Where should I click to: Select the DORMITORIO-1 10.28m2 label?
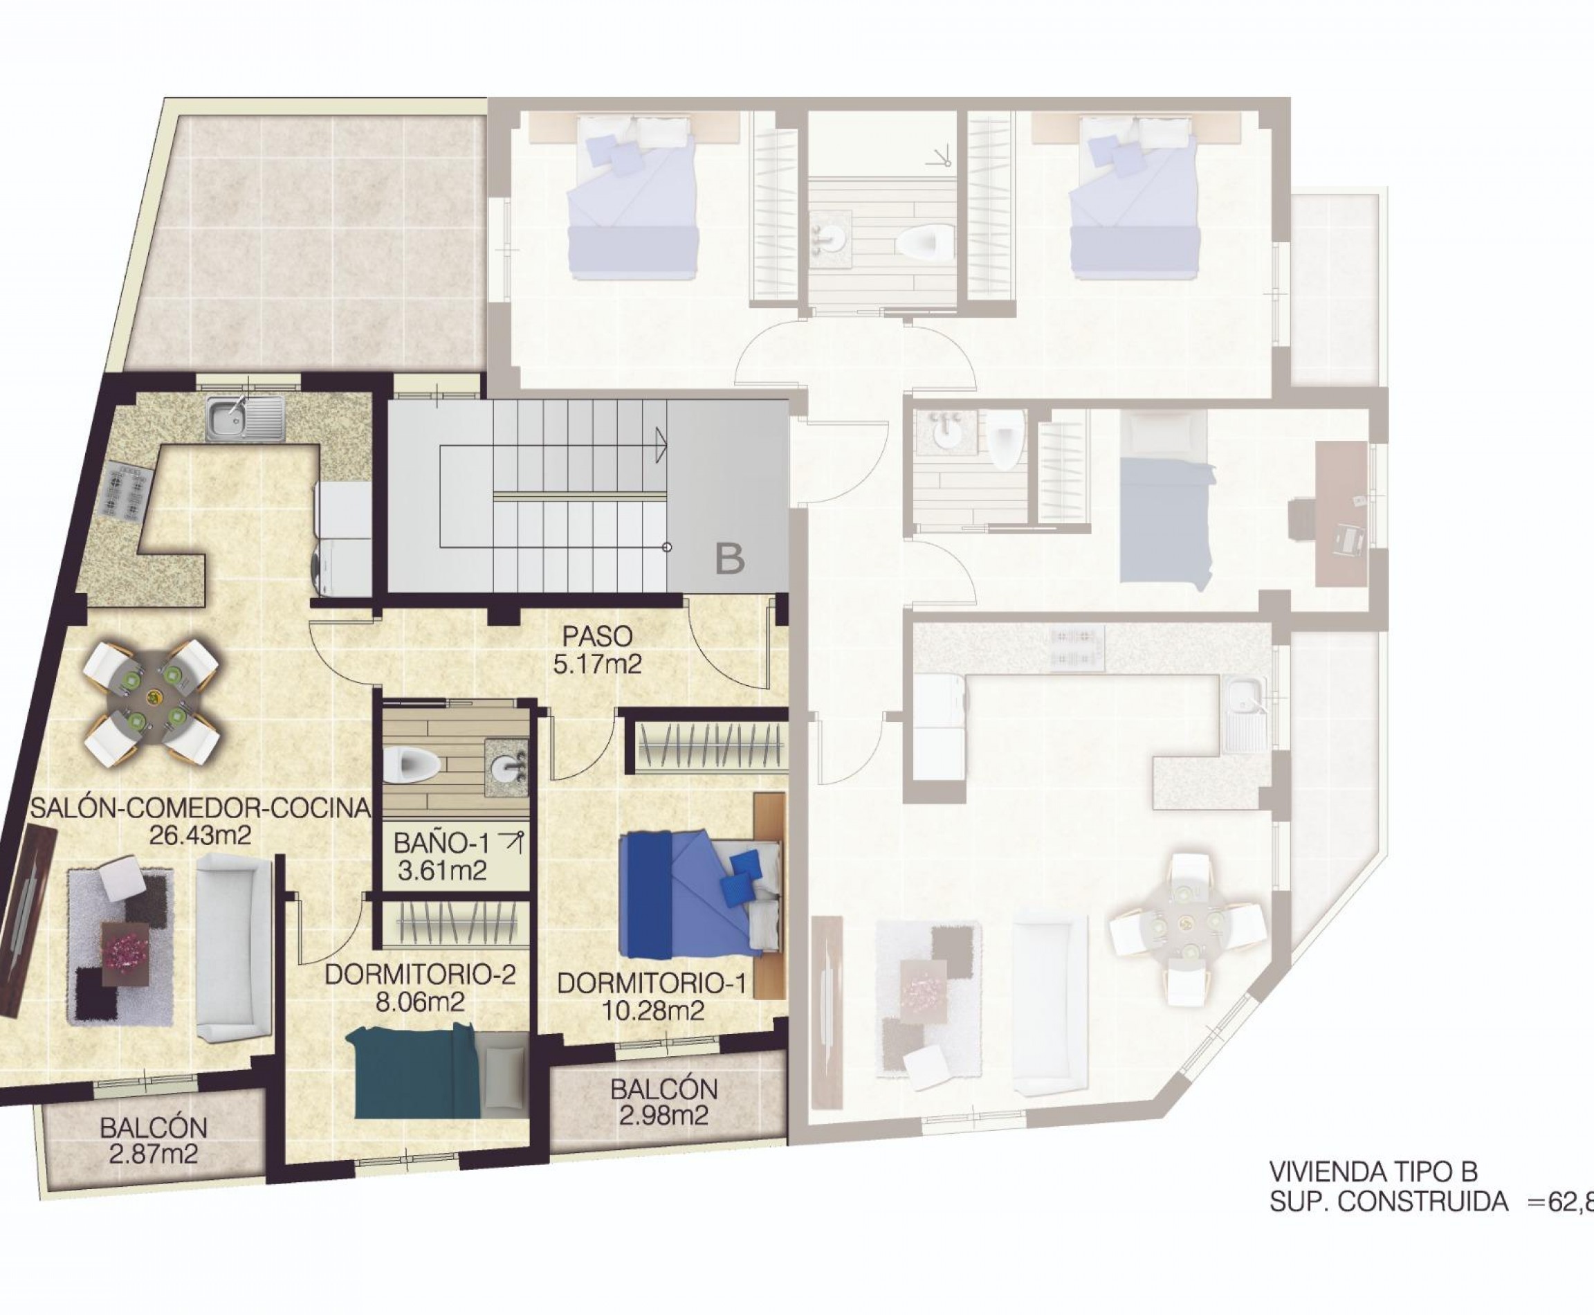[x=652, y=997]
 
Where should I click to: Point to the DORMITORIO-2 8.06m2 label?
[x=420, y=988]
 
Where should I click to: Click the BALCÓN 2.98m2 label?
[x=663, y=1102]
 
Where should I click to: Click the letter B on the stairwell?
[x=730, y=559]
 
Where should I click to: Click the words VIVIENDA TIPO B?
[x=1373, y=1172]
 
